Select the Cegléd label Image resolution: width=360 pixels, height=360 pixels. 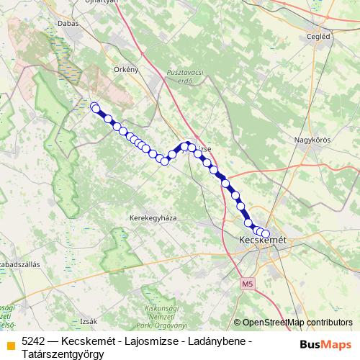318,36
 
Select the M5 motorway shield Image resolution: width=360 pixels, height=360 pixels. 248,284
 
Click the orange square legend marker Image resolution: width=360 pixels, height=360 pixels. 9,343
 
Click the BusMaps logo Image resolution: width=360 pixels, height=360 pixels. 325,344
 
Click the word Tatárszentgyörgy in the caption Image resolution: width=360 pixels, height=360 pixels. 63,354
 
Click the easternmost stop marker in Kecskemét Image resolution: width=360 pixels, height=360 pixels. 266,233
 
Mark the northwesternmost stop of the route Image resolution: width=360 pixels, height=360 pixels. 94,106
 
